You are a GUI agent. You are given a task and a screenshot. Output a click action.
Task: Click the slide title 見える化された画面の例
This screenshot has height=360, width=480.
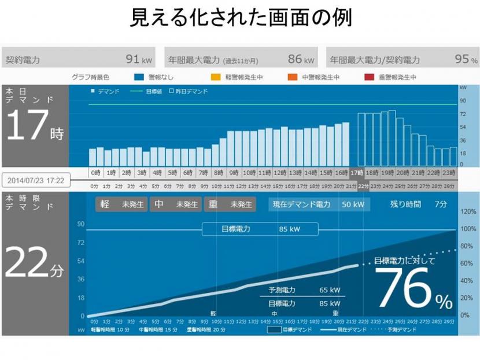pyautogui.click(x=240, y=18)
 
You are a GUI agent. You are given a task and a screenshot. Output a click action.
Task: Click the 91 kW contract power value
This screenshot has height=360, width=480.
pyautogui.click(x=139, y=60)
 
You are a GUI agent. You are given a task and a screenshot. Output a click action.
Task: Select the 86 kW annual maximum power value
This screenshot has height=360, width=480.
pyautogui.click(x=301, y=60)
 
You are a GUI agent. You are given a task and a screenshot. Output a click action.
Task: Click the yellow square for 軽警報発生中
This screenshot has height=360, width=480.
pyautogui.click(x=215, y=77)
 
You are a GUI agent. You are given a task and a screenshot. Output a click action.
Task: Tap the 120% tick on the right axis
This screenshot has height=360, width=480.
pyautogui.click(x=468, y=212)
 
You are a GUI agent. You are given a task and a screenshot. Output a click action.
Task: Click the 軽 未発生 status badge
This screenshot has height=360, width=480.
pyautogui.click(x=121, y=205)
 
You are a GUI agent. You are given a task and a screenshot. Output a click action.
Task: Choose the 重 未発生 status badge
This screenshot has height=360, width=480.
pyautogui.click(x=230, y=205)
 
